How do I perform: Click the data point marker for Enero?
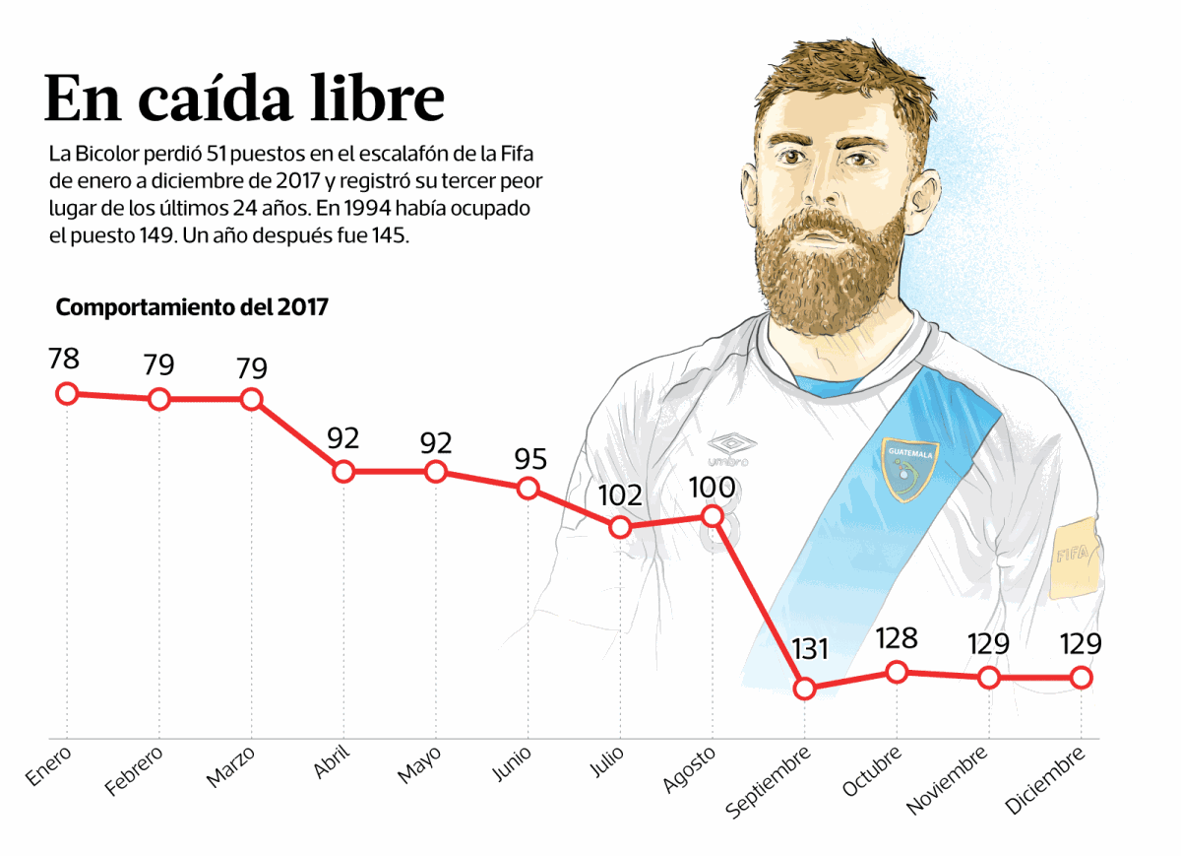(66, 394)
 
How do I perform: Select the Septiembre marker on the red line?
(805, 689)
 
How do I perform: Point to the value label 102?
(620, 494)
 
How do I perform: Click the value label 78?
(64, 359)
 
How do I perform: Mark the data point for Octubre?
(897, 673)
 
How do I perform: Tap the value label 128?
(897, 638)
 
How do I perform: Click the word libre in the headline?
(375, 99)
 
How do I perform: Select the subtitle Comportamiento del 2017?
(192, 307)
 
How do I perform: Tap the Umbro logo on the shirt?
(729, 449)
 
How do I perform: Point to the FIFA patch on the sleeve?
(1073, 557)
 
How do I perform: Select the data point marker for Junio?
(528, 488)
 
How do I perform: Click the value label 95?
(529, 459)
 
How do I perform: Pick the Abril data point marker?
(343, 472)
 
